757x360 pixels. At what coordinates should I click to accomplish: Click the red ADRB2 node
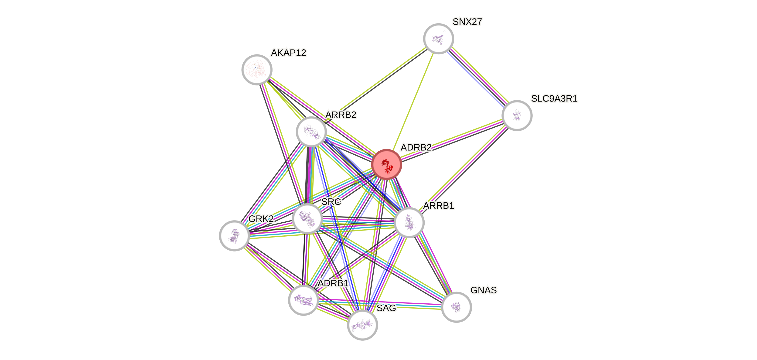point(386,164)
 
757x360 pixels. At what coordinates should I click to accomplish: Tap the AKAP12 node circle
point(257,70)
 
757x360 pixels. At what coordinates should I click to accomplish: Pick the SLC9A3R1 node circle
point(517,115)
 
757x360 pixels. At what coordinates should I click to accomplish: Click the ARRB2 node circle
point(311,132)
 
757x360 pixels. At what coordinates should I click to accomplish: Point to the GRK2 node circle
point(235,236)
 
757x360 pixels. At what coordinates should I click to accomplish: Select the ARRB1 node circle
point(409,222)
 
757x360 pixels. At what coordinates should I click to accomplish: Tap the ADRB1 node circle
point(303,300)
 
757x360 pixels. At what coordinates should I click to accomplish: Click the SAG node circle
point(362,325)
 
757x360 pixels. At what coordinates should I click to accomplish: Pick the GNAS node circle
point(456,307)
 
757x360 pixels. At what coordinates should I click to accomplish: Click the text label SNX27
point(467,22)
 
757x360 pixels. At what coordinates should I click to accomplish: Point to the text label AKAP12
point(289,53)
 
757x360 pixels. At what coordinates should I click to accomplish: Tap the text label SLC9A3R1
point(554,99)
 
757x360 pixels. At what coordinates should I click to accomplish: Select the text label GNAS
point(483,290)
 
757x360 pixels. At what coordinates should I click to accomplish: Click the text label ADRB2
point(416,147)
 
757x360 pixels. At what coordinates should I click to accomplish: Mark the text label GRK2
point(261,219)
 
